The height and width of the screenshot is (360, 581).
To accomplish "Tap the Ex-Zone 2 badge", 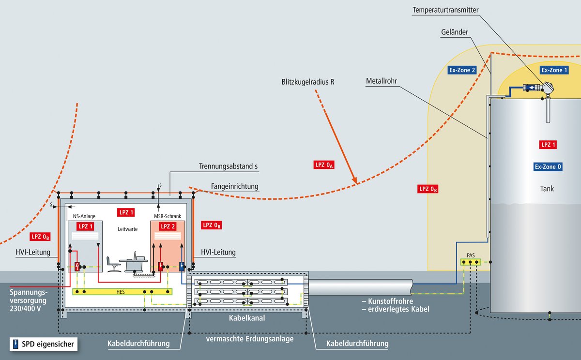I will coord(462,70).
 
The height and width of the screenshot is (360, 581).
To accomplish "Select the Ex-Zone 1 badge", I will coord(554,70).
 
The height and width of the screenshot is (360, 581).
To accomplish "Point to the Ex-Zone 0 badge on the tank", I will coord(548,167).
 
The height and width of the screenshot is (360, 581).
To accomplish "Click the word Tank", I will coord(547,189).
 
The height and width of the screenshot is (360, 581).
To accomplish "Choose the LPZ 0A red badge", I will coord(324,165).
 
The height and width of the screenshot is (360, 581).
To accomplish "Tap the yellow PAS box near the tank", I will coord(471,262).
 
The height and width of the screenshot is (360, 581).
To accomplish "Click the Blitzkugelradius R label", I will coord(308,81).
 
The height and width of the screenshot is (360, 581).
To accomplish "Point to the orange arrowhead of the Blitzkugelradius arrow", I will coord(354,180).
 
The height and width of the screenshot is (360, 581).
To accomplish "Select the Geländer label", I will coord(455,33).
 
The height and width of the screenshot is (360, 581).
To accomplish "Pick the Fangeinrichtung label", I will coord(235,186).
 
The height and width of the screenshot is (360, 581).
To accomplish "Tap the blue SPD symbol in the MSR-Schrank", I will coord(182,266).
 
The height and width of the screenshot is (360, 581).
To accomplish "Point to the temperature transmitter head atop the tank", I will coord(548,88).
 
